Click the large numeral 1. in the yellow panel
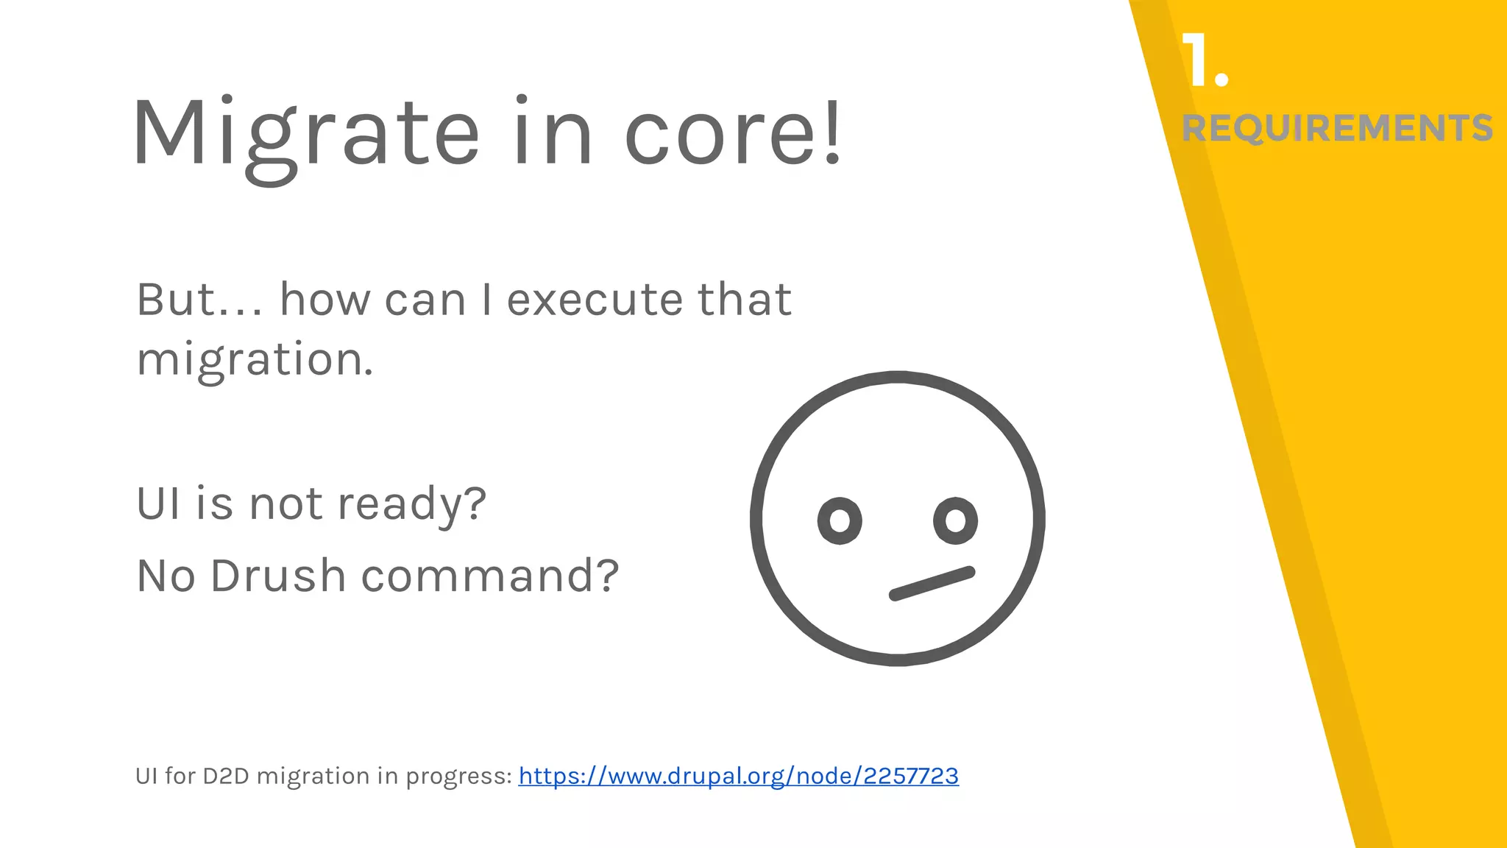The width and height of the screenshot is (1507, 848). [x=1205, y=61]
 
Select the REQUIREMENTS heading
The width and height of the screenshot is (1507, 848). [x=1337, y=128]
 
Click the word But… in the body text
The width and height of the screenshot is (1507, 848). [x=199, y=300]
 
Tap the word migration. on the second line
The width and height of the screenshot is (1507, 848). [x=255, y=361]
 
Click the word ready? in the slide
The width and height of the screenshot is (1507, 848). [x=412, y=505]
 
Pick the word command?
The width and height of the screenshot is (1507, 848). [x=490, y=576]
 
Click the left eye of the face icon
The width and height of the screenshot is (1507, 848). [x=840, y=520]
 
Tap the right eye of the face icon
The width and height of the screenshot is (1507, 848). [x=955, y=520]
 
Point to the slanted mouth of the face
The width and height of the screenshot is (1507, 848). [x=932, y=583]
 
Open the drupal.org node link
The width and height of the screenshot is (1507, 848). [x=738, y=776]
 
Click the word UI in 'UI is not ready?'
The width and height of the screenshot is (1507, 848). [x=157, y=504]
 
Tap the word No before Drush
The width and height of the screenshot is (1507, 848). [x=166, y=576]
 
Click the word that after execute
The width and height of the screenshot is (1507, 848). [x=744, y=300]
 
